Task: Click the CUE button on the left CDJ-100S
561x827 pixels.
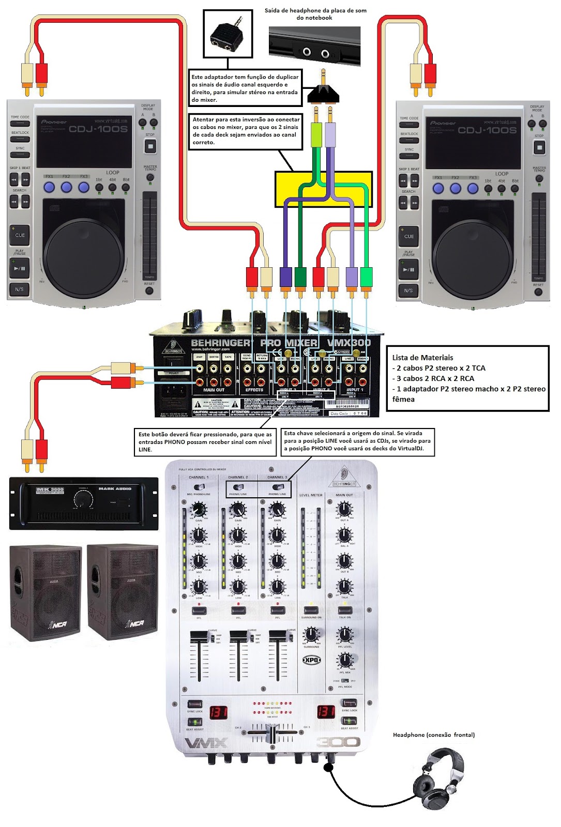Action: (x=20, y=235)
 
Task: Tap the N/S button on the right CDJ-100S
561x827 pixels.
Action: (x=408, y=290)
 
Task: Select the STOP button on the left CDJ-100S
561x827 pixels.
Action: (x=150, y=146)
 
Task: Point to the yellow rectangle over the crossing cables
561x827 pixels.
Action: (x=324, y=189)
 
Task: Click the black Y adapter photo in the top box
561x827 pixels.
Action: (x=228, y=35)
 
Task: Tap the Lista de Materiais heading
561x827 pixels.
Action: (x=422, y=357)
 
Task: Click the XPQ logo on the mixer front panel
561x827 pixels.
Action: (x=311, y=660)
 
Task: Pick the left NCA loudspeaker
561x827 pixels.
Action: (x=46, y=592)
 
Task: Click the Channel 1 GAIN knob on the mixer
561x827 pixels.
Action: (x=199, y=511)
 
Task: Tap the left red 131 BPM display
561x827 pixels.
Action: (x=218, y=712)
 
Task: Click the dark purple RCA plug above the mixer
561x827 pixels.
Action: (x=285, y=277)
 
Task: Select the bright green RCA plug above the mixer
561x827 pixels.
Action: (x=366, y=277)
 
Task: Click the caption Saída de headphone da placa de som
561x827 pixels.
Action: (x=315, y=14)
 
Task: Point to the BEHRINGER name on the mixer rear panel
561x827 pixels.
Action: (x=220, y=343)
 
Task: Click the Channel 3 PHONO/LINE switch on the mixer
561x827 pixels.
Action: (x=278, y=487)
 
